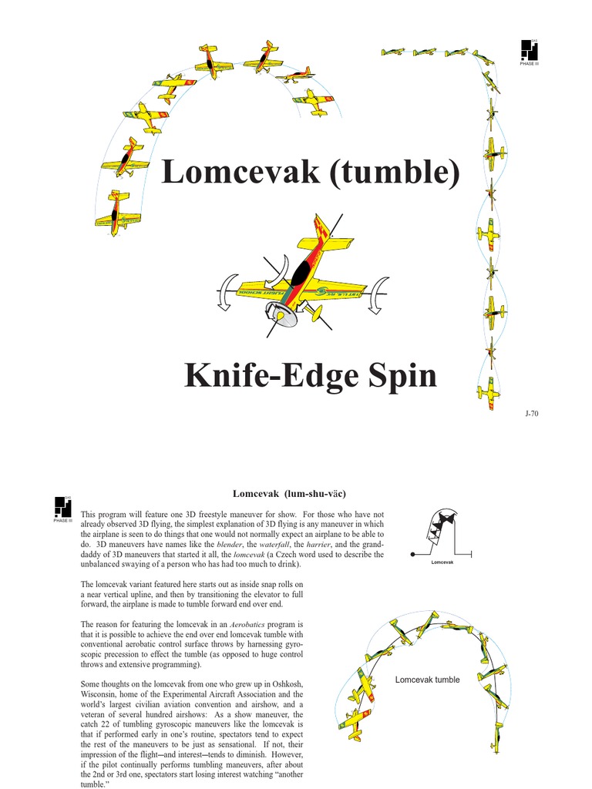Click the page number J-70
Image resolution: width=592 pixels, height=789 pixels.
pyautogui.click(x=532, y=415)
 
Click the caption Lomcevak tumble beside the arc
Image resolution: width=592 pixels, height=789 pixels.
pyautogui.click(x=427, y=680)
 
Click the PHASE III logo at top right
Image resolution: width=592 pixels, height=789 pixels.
pyautogui.click(x=530, y=52)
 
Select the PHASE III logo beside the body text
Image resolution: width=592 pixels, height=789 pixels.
pyautogui.click(x=63, y=509)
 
